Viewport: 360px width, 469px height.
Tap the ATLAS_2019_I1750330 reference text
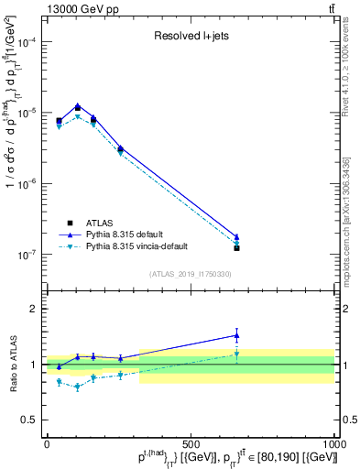[x=191, y=274]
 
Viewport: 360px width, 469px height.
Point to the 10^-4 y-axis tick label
[x=27, y=42]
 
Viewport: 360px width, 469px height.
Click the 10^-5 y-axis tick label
[x=27, y=113]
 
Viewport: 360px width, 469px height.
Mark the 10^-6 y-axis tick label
[x=27, y=183]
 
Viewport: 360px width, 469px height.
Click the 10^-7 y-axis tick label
[x=27, y=254]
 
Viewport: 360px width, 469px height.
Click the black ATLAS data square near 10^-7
[x=236, y=248]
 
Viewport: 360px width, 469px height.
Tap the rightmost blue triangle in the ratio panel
[x=236, y=335]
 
